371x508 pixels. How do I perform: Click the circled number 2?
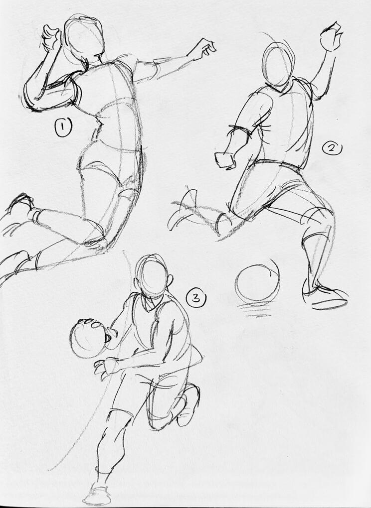click(332, 149)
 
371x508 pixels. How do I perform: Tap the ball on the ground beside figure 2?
click(258, 283)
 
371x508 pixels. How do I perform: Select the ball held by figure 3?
click(88, 338)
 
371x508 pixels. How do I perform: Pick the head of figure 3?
click(153, 277)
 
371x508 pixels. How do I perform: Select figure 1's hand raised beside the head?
click(51, 37)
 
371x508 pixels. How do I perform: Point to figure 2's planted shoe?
click(324, 296)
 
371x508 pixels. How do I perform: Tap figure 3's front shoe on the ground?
click(96, 495)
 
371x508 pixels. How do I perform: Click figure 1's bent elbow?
click(31, 99)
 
